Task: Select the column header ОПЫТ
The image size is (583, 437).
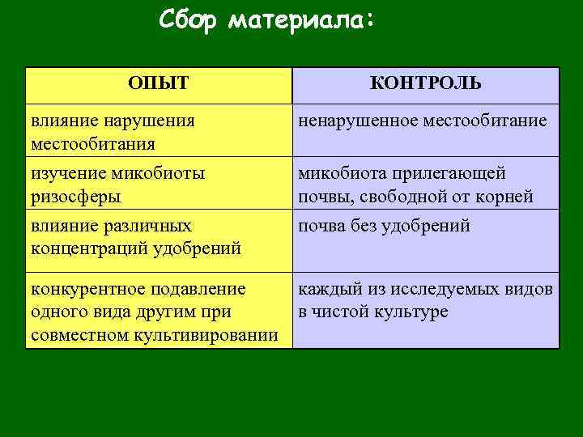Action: [159, 83]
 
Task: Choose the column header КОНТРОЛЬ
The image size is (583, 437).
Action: [425, 83]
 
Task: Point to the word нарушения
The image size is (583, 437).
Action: [149, 121]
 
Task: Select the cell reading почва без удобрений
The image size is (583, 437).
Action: [384, 225]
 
